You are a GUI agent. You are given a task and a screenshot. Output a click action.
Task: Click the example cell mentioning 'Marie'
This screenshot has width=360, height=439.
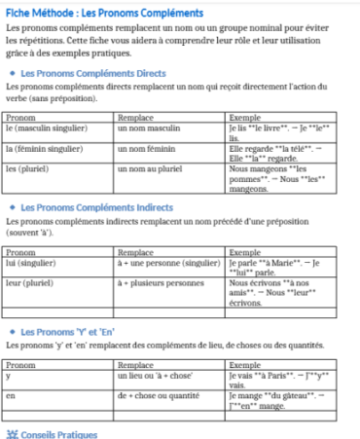279,267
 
